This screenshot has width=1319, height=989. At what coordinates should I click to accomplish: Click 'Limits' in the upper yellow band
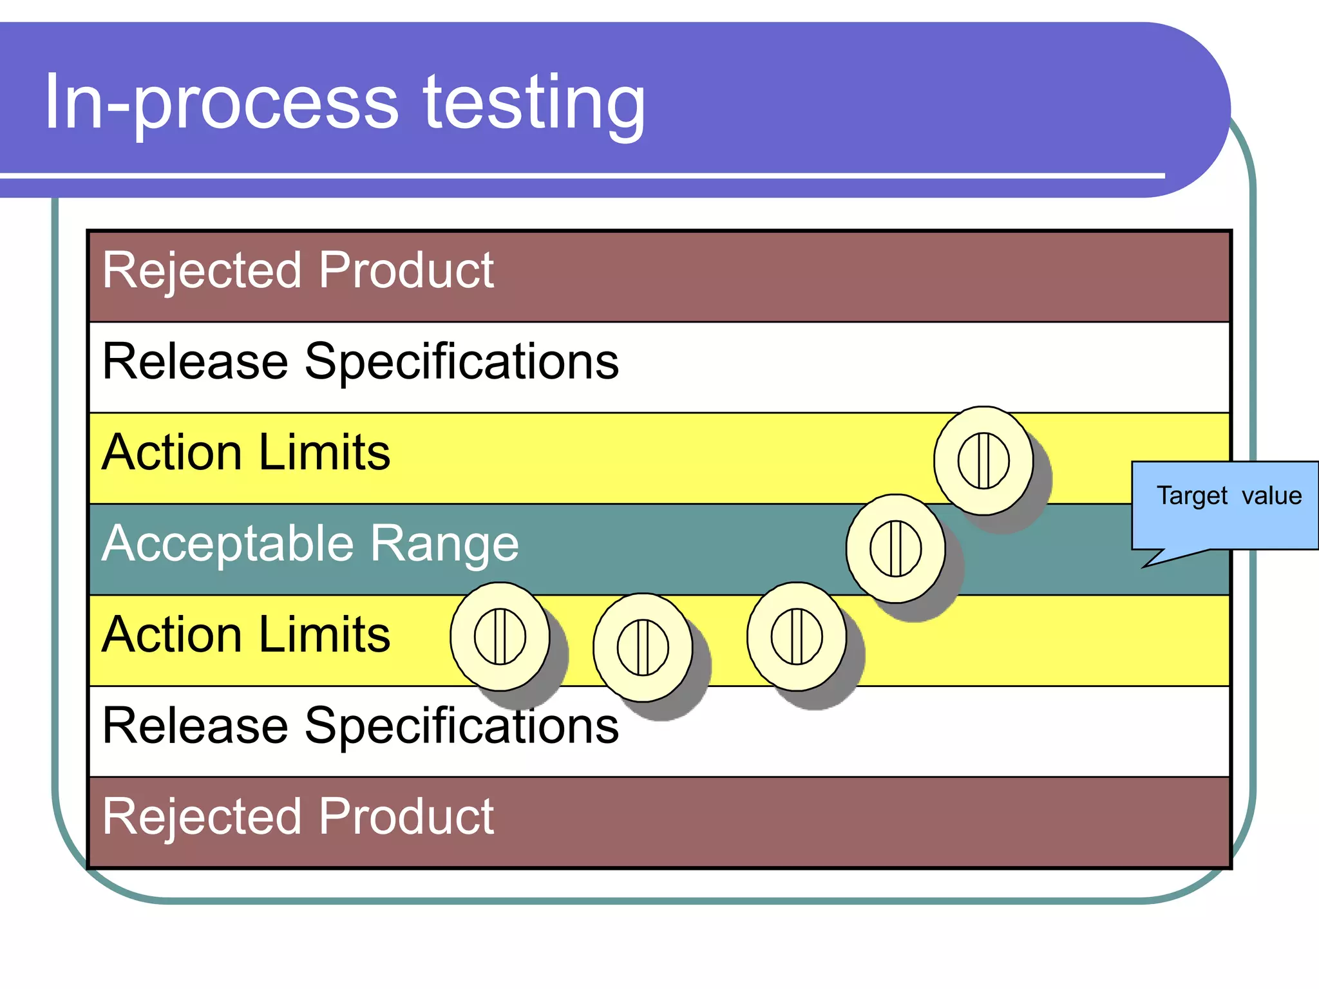click(x=325, y=453)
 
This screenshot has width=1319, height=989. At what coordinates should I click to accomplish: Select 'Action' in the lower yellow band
click(x=171, y=635)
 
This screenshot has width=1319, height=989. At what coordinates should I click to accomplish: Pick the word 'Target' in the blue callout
click(x=1192, y=496)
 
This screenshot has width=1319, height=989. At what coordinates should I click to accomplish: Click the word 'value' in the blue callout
click(x=1271, y=496)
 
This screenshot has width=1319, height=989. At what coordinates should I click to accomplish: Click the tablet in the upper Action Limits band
click(x=983, y=460)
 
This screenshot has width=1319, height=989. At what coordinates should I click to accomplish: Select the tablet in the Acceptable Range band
click(x=895, y=549)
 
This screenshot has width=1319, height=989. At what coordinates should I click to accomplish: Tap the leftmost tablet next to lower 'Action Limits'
click(x=500, y=637)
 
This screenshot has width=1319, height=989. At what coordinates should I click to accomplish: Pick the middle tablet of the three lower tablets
click(x=643, y=647)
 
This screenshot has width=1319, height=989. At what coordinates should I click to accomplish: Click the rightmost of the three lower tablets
click(x=797, y=637)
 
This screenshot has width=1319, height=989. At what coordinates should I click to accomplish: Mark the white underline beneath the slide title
click(x=580, y=175)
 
